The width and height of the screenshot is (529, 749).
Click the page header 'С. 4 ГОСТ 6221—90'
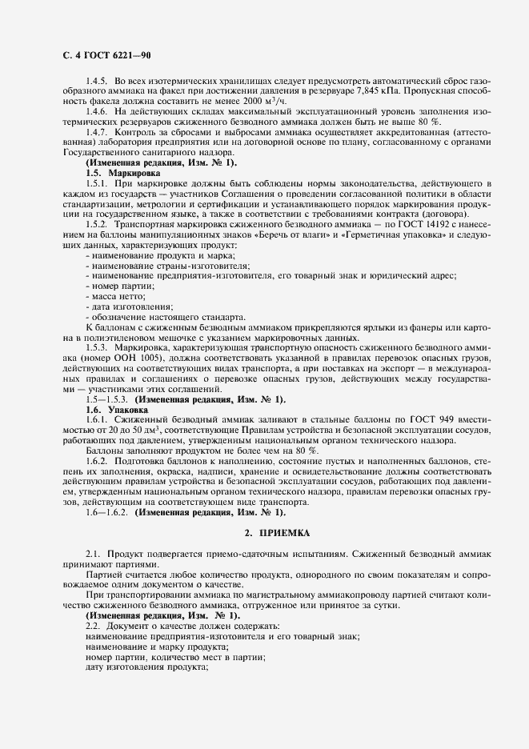point(106,55)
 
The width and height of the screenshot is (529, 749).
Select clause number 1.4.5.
point(98,82)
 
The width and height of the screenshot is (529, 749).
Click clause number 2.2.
point(94,626)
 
